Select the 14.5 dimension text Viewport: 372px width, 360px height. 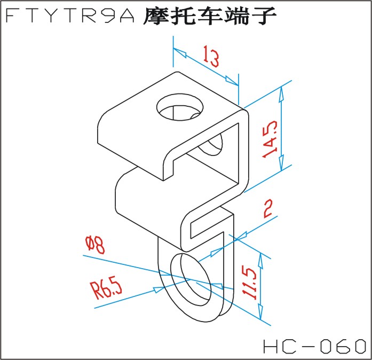pos(270,139)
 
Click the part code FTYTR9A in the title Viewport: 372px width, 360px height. pos(72,17)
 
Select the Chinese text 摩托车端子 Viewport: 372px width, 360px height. pos(210,17)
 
